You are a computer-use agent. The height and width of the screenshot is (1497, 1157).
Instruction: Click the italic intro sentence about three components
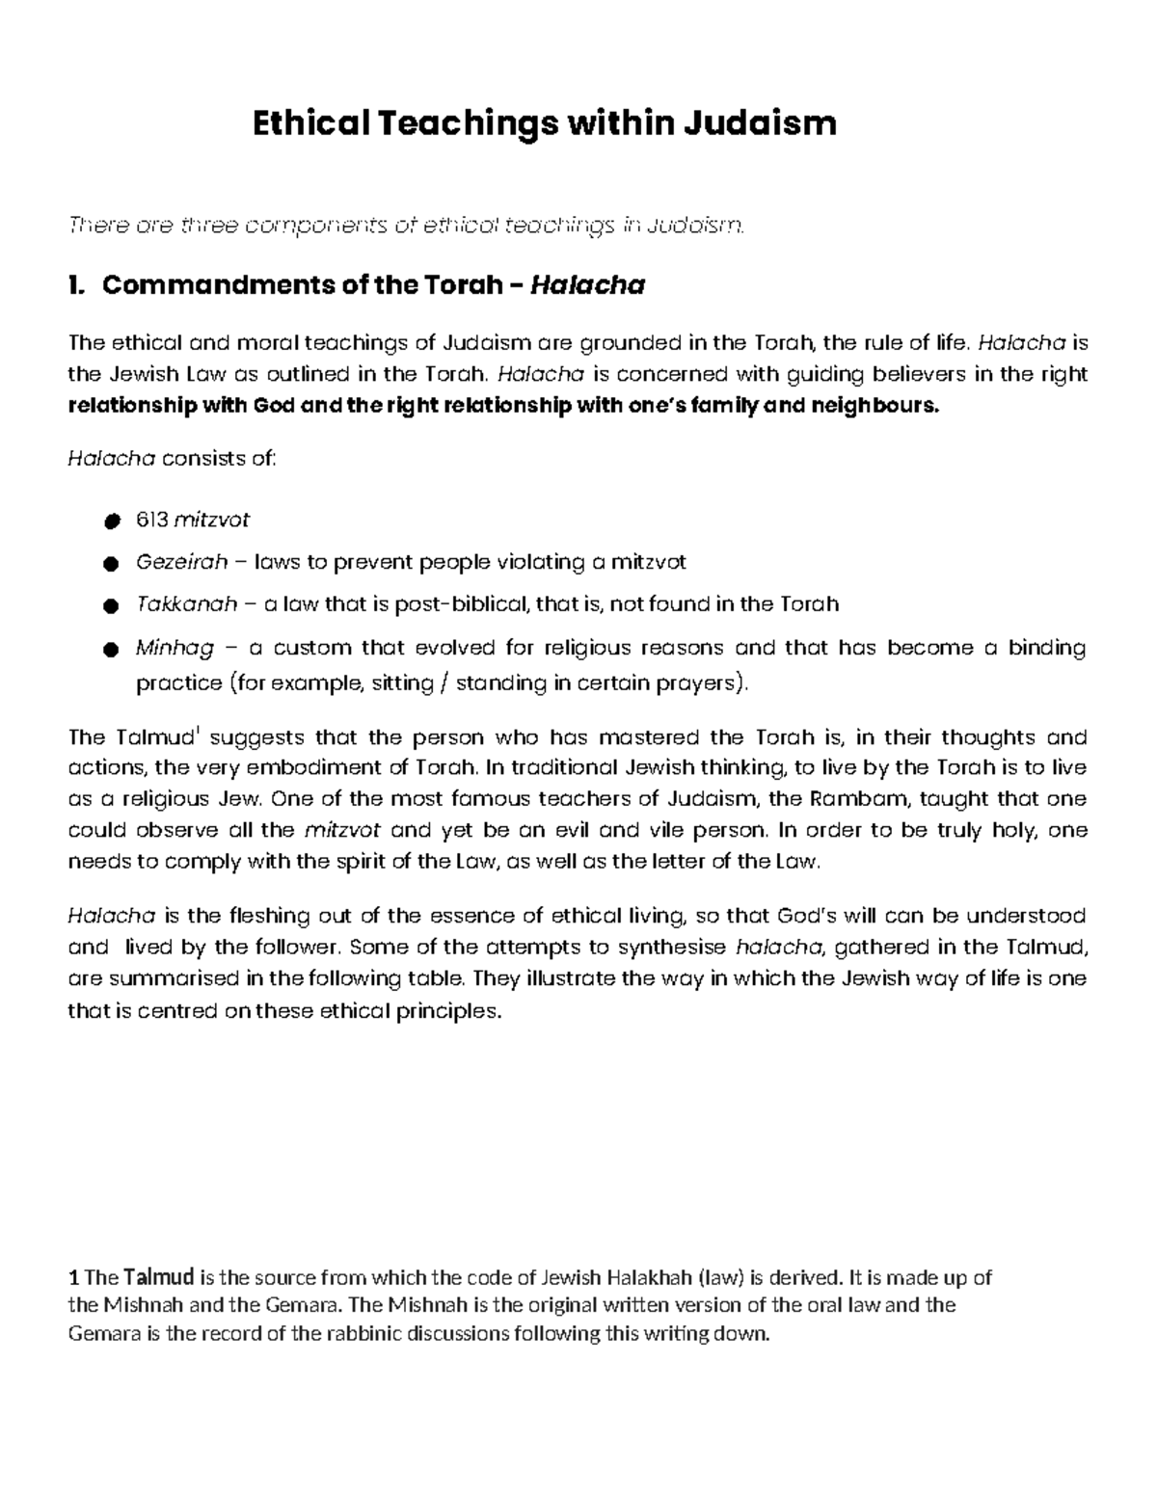click(x=406, y=226)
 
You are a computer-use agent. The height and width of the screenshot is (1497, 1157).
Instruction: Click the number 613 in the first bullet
click(x=151, y=520)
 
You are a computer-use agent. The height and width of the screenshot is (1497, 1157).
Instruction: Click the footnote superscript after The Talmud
click(x=198, y=732)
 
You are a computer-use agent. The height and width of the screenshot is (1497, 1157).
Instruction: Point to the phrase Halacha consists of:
click(x=172, y=459)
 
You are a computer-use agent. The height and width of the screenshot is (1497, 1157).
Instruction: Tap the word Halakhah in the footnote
click(x=650, y=1278)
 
